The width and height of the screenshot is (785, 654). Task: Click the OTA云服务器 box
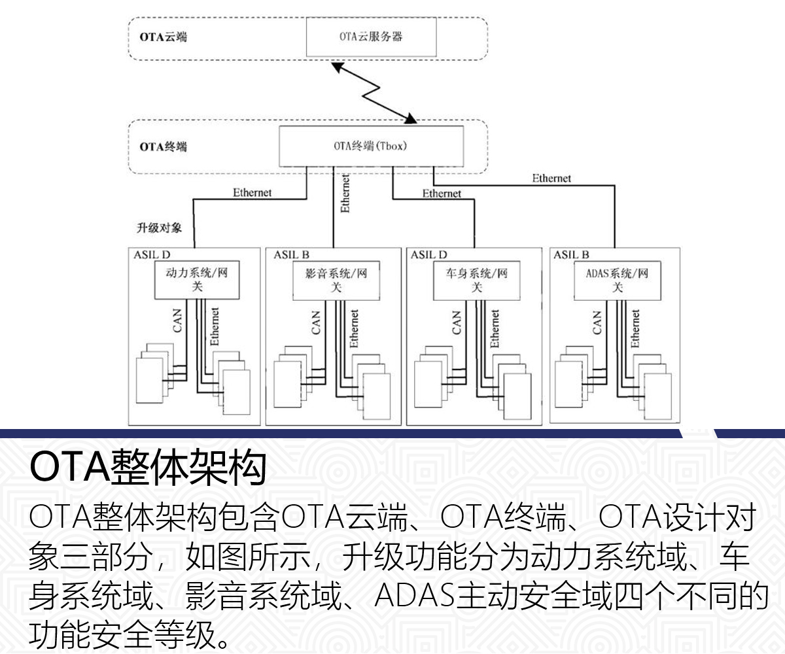[x=371, y=37]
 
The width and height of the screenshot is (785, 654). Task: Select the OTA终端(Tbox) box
[x=371, y=146]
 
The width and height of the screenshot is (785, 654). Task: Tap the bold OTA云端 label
[x=163, y=37]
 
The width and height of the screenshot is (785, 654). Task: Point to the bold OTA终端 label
[x=163, y=146]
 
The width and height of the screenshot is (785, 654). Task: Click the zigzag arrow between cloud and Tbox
[x=373, y=92]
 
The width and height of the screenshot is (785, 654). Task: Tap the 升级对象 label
[x=159, y=229]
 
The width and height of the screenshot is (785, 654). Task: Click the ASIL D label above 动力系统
[x=152, y=254]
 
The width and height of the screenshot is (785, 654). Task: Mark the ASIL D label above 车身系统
[x=429, y=254]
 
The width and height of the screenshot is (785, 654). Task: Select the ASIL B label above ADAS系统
[x=571, y=254]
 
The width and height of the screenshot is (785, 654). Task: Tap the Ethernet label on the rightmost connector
[x=551, y=178]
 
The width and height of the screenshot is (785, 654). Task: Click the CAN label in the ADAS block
[x=596, y=322]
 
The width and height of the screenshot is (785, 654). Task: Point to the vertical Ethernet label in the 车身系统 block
[x=495, y=328]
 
